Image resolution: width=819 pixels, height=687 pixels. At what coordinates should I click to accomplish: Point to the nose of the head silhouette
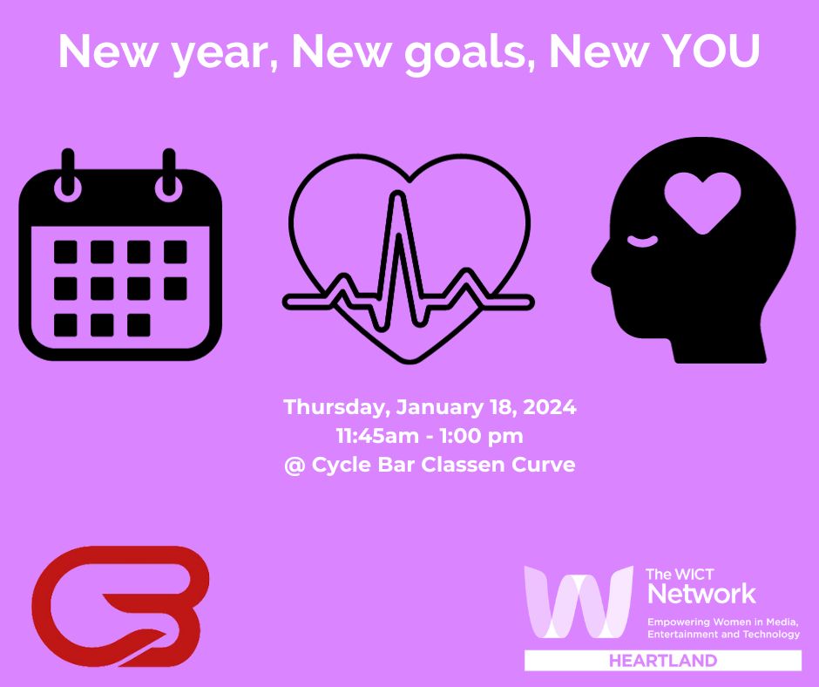click(599, 262)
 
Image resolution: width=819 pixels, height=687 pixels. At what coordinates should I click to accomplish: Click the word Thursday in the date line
click(336, 407)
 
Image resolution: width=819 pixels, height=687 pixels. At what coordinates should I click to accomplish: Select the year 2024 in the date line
click(551, 407)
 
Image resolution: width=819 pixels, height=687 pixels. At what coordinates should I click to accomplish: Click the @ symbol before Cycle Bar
click(293, 465)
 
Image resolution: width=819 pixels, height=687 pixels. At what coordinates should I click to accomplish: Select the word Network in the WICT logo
click(702, 595)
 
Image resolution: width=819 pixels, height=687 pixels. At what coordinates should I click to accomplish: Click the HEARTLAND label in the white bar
click(663, 661)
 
